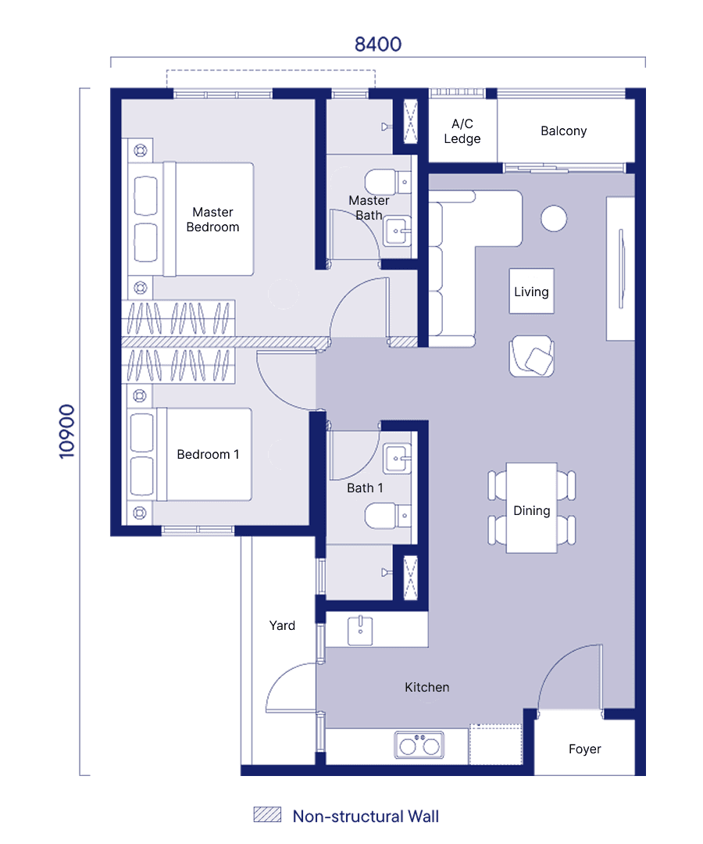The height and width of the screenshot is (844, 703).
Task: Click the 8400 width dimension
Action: tap(377, 44)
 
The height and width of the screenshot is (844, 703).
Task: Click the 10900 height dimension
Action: tap(66, 431)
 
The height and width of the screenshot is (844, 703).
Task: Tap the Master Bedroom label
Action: tap(212, 220)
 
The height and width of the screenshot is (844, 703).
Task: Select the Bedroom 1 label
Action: tap(208, 454)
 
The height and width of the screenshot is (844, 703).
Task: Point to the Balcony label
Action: tap(563, 131)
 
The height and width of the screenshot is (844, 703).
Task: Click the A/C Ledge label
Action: tap(462, 131)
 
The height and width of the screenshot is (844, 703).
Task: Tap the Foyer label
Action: tap(585, 749)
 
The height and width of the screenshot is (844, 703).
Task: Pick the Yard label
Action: tap(282, 625)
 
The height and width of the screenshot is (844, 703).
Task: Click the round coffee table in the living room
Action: tap(554, 219)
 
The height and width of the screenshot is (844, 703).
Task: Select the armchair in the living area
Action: tap(531, 356)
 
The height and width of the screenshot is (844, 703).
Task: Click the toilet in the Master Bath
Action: tap(387, 182)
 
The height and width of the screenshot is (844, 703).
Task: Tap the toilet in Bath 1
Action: tap(387, 516)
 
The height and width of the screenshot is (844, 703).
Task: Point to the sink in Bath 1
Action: tap(397, 459)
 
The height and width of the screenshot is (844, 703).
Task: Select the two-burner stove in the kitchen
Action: tap(419, 745)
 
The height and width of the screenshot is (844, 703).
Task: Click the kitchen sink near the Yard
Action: tap(360, 631)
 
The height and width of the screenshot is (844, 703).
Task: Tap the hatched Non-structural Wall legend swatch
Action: tap(267, 814)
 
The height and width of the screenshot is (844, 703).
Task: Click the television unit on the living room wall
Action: tap(621, 269)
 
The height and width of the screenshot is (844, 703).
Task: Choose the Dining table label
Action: tap(531, 510)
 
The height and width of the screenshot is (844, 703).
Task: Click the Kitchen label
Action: tap(427, 687)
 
